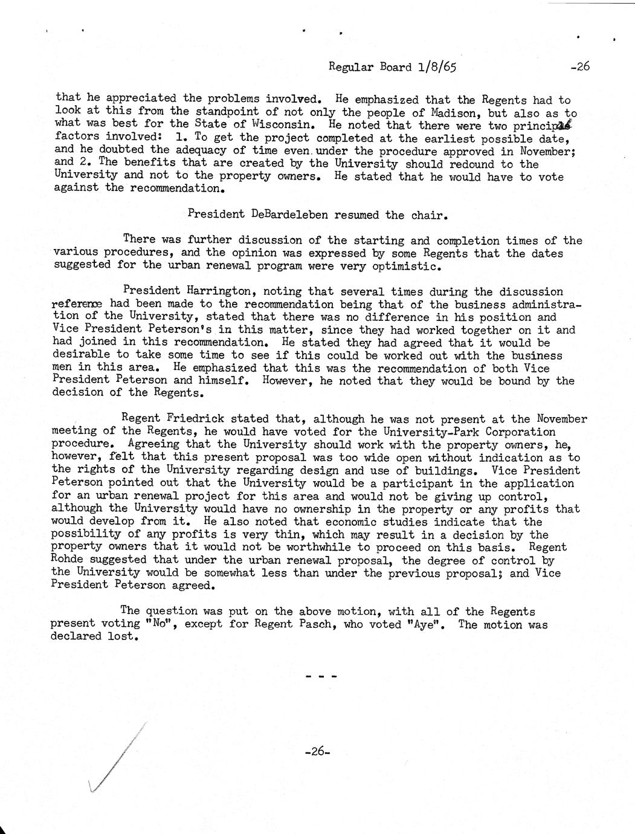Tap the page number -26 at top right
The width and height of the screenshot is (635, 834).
click(x=579, y=67)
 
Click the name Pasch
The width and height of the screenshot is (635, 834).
click(x=316, y=624)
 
